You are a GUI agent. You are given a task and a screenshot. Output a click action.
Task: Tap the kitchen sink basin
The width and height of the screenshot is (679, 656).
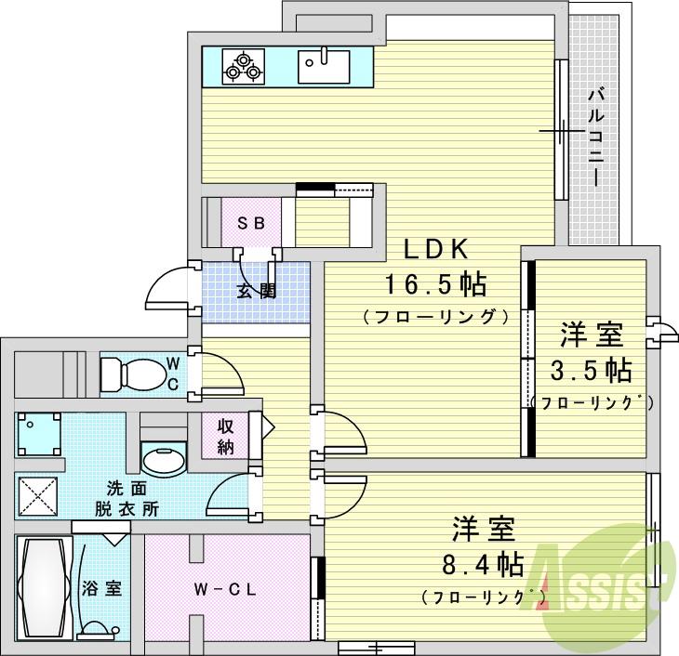(324, 66)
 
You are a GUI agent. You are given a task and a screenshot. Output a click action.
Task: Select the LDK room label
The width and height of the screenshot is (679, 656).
(438, 249)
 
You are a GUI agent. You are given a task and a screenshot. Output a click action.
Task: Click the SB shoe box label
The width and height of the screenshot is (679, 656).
(250, 223)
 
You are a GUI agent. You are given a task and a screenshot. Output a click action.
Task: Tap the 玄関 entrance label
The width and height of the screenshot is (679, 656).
(256, 290)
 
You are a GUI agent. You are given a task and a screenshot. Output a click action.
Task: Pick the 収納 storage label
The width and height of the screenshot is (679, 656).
(226, 435)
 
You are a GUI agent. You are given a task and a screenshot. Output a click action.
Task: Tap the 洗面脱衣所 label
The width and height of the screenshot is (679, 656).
(126, 498)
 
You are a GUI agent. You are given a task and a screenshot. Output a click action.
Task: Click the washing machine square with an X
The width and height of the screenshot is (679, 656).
(36, 496)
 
